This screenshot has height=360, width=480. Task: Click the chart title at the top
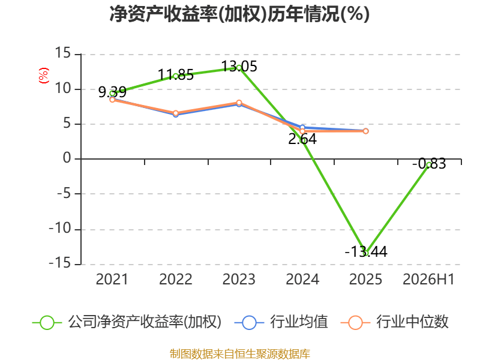click(x=239, y=14)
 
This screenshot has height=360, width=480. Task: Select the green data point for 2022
click(x=176, y=76)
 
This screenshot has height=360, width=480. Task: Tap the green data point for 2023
click(x=239, y=68)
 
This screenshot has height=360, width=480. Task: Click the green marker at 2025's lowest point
click(x=366, y=253)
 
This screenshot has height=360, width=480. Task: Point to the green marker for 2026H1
click(x=429, y=164)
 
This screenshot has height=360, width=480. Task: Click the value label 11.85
click(x=176, y=75)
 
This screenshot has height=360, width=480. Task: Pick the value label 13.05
click(x=239, y=67)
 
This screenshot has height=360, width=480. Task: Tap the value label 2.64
click(x=302, y=139)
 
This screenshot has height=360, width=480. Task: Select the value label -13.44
click(x=366, y=251)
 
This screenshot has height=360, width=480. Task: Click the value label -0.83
click(x=429, y=164)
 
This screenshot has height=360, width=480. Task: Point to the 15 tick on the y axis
click(x=63, y=53)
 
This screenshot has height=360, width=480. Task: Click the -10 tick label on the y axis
click(x=60, y=229)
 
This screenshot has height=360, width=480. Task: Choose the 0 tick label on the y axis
click(x=67, y=158)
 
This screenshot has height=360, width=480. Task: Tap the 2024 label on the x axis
click(x=302, y=280)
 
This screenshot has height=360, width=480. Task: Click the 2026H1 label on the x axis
click(x=428, y=280)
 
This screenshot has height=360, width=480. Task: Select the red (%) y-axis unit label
click(x=44, y=76)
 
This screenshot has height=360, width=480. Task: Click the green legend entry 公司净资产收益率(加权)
click(x=127, y=322)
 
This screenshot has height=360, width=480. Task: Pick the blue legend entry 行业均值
click(x=281, y=322)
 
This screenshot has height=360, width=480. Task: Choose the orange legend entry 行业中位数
click(x=394, y=322)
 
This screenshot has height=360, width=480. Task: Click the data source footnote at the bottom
click(x=239, y=354)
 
